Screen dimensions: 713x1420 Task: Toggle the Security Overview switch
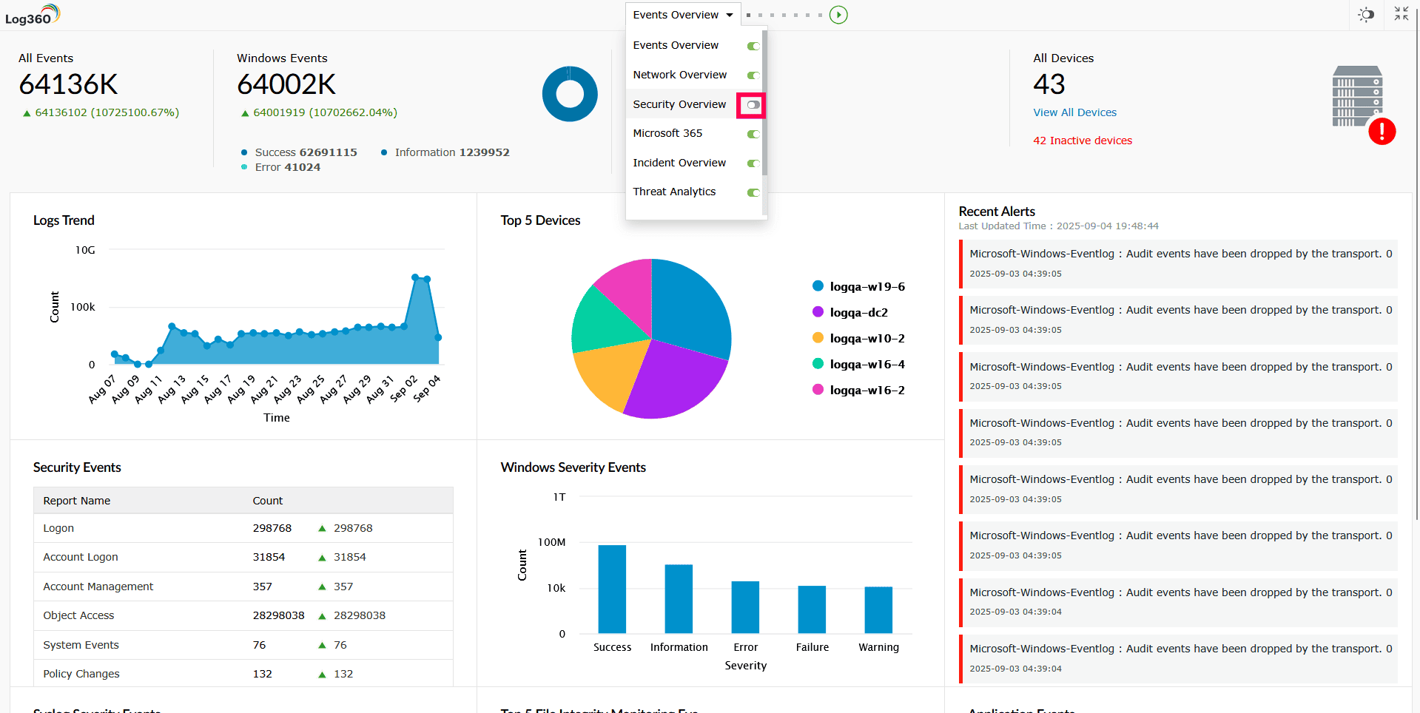[753, 105]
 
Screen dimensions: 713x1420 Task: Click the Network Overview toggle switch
[753, 75]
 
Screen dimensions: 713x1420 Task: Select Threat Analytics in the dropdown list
[674, 192]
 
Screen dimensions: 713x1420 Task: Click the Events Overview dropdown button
[682, 15]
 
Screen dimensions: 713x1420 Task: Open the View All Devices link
[1074, 112]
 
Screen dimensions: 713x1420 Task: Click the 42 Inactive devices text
[1082, 141]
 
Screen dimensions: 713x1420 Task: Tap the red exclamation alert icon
[1382, 132]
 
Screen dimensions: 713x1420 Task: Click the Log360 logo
[32, 15]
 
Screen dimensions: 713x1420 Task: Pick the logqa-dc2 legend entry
[858, 312]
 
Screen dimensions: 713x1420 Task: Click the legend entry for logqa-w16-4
[867, 364]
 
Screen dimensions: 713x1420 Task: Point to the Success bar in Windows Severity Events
[612, 589]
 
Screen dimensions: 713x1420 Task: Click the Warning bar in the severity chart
[878, 609]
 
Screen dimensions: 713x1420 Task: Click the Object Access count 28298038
[278, 615]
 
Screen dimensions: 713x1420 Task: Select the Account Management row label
[98, 587]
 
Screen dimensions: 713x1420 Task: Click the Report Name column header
[77, 501]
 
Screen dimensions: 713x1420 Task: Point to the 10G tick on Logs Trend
[85, 250]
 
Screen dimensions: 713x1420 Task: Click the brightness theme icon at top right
[1366, 15]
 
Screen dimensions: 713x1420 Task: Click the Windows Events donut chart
[570, 94]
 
